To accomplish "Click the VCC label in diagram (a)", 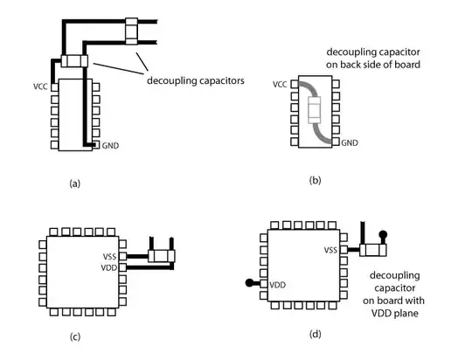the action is (40, 87).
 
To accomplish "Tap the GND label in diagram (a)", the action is (110, 146).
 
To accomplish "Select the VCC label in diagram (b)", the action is (280, 85).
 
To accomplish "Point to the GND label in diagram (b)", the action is (350, 142).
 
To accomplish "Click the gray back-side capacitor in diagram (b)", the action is (315, 109).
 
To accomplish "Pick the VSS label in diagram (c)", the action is (109, 257).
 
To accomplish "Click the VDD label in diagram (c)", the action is (109, 267).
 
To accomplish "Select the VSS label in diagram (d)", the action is (330, 250).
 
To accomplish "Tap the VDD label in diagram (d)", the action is (278, 285).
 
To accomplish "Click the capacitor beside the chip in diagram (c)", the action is (162, 256).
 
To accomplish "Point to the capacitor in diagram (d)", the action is (373, 250).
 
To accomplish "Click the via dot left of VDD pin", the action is (249, 283).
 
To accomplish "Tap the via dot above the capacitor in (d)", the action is (383, 234).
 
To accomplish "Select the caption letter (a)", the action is (74, 183).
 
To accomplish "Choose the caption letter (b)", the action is (316, 180).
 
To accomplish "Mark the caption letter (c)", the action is (75, 336).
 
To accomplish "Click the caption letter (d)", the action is (316, 334).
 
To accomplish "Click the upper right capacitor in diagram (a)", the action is (131, 31).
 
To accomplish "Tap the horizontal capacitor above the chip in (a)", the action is (74, 61).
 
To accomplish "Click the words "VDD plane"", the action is (394, 314).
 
